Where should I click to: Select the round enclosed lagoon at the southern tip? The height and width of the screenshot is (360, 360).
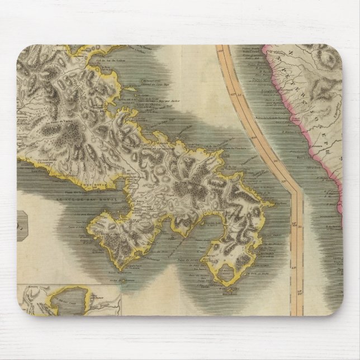[226, 274]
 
